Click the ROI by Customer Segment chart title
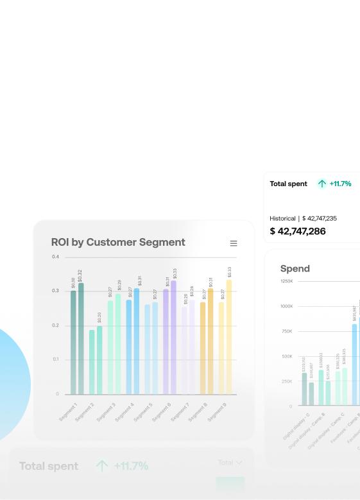pos(118,243)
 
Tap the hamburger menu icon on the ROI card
pos(234,243)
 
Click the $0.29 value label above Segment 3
pos(119,286)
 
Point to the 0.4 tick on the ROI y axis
pos(55,257)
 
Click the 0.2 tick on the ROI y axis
pos(55,325)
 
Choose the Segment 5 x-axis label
pos(143,412)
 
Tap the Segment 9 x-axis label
pos(217,412)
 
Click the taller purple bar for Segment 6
pos(173,338)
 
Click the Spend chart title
pos(295,269)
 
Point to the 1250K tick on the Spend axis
pos(286,281)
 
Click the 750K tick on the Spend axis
pos(286,331)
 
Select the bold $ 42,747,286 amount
pos(298,231)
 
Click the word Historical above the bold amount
pos(282,218)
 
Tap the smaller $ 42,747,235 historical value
pos(320,218)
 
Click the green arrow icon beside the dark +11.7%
pos(321,184)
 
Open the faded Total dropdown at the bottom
pos(230,462)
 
